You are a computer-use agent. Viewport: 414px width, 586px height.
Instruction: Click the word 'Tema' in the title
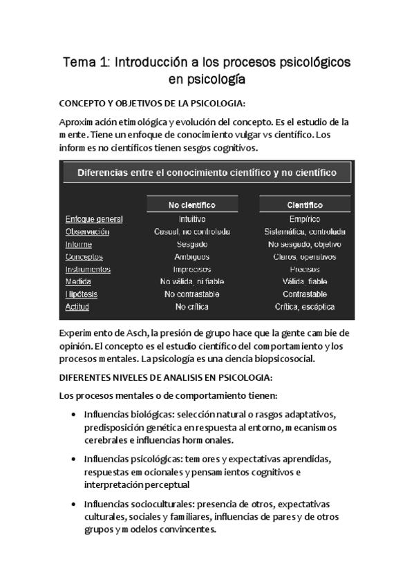[x=79, y=63]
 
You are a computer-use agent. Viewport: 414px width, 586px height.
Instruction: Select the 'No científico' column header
[x=192, y=205]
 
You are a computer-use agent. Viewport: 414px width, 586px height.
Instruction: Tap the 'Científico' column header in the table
[x=305, y=205]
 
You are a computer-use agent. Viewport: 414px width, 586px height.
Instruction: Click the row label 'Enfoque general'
[x=94, y=219]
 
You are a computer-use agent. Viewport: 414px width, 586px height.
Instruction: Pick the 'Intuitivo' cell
[x=192, y=219]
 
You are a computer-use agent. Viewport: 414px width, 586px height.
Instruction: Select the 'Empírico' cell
[x=305, y=219]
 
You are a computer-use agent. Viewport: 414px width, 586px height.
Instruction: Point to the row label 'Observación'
[x=87, y=231]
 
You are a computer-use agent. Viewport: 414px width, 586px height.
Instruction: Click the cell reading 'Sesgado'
[x=192, y=244]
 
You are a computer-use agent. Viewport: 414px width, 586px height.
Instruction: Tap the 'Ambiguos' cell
[x=192, y=256]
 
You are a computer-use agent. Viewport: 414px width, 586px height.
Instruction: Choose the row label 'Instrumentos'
[x=88, y=269]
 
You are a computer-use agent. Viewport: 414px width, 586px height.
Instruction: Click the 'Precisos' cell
[x=305, y=269]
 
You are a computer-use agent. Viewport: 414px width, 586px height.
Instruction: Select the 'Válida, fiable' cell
[x=305, y=281]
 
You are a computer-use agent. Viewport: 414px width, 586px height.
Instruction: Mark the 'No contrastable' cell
[x=192, y=294]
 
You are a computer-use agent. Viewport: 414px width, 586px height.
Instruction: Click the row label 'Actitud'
[x=77, y=306]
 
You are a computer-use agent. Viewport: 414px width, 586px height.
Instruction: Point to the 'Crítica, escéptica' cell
[x=305, y=306]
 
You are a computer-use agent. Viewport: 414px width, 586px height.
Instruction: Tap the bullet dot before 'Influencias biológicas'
[x=74, y=415]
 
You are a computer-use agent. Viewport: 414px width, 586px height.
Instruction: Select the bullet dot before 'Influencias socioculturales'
[x=74, y=504]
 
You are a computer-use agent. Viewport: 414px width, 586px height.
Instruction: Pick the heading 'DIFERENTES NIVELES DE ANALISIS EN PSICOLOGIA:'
[x=166, y=378]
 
